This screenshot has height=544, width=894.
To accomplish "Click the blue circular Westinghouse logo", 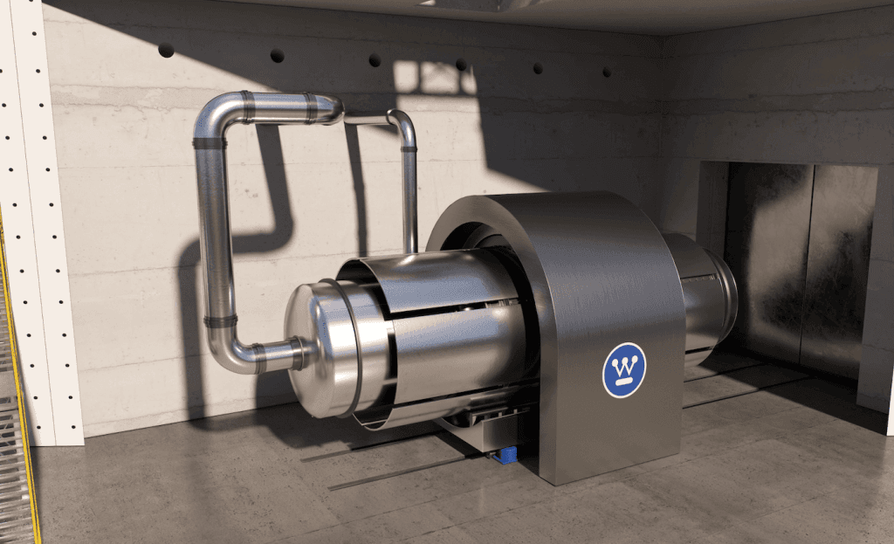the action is [x=623, y=370].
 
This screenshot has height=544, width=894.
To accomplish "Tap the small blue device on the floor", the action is [x=505, y=456].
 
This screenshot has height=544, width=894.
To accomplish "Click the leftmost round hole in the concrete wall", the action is [x=166, y=50].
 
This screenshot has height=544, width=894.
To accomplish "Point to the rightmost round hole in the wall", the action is [x=607, y=72].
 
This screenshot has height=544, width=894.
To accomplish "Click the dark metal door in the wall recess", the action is [x=798, y=268].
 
